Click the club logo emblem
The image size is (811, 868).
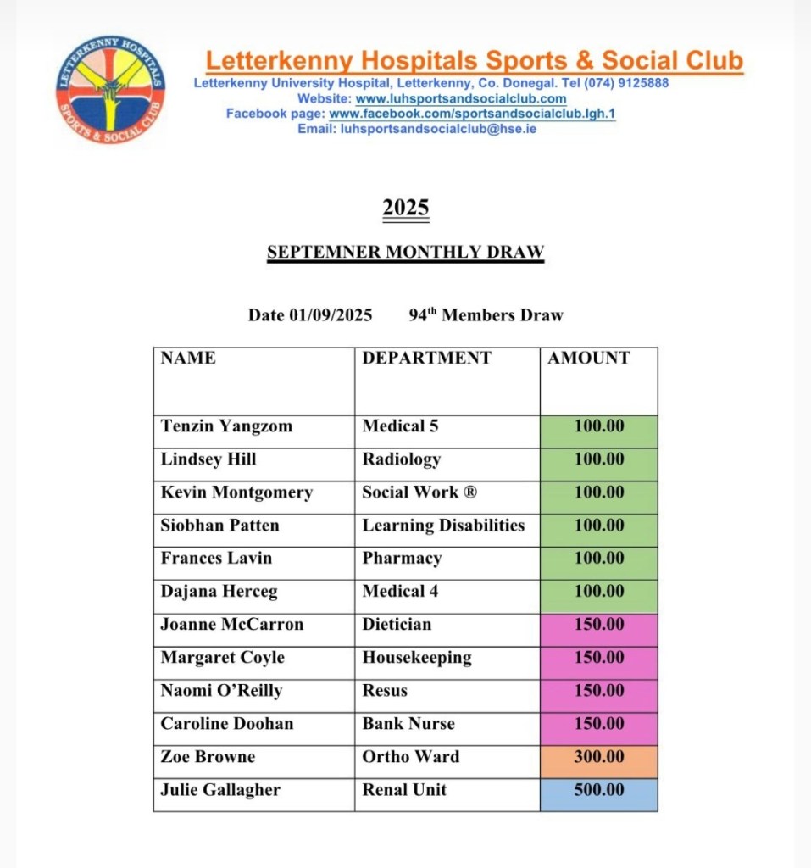(110, 90)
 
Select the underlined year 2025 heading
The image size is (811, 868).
(406, 209)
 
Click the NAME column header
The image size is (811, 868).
(188, 358)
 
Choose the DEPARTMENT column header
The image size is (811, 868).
(426, 358)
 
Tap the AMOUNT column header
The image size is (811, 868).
(589, 358)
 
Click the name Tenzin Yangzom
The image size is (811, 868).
(226, 426)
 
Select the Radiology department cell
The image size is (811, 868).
(402, 459)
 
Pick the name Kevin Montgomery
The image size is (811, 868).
(236, 492)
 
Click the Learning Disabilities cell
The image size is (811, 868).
(443, 526)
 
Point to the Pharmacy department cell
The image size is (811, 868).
(402, 559)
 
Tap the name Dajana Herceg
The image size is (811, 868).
(219, 592)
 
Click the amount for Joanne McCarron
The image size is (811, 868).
(598, 625)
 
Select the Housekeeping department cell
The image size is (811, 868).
(417, 658)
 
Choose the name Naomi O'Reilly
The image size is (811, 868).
(221, 691)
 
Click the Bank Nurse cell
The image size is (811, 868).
(408, 724)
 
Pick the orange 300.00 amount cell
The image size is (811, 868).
(598, 757)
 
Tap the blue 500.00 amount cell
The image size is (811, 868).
(598, 790)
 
